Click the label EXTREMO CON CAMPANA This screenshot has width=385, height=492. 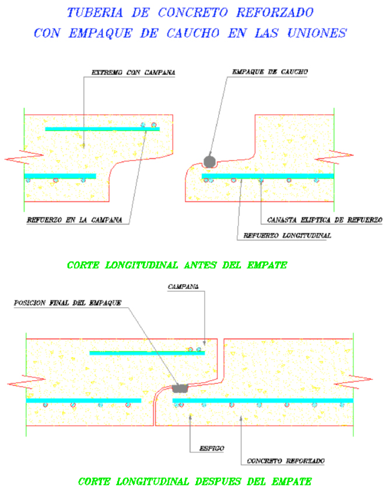tap(134, 73)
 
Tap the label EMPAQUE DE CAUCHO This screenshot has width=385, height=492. tap(270, 72)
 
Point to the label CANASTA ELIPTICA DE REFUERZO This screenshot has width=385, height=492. tap(324, 221)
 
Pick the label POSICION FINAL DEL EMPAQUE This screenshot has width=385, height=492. tap(67, 303)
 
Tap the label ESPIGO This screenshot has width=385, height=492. tap(211, 448)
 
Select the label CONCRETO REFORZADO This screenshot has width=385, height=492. tap(285, 461)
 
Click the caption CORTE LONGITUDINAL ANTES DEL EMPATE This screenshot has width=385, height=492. tap(177, 266)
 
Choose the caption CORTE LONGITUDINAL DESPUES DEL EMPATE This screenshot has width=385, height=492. tap(194, 482)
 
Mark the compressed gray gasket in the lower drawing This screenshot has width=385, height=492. tap(180, 387)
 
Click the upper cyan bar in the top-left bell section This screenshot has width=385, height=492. tap(102, 129)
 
